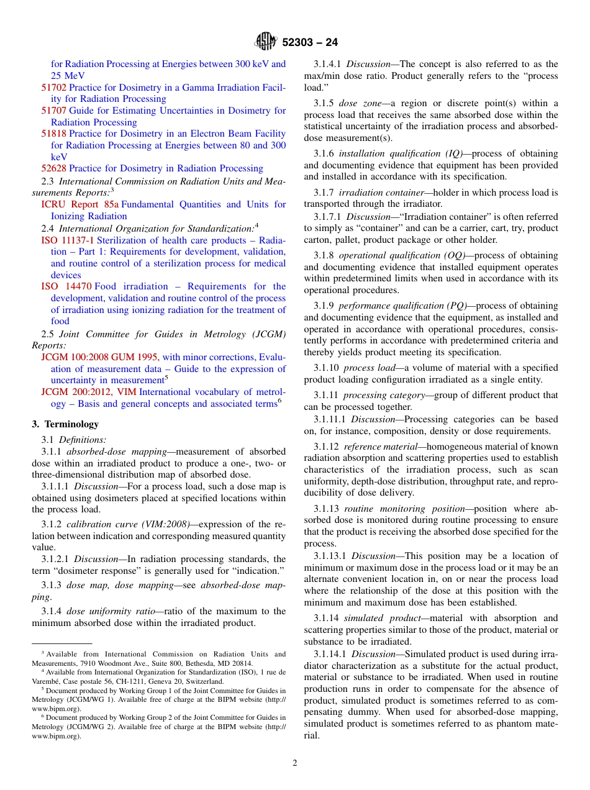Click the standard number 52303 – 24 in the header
click(310, 43)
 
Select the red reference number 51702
click(53, 88)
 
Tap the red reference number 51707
click(53, 111)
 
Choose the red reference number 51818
click(53, 134)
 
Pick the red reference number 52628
click(53, 168)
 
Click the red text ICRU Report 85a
click(79, 204)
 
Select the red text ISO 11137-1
click(68, 240)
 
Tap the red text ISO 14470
click(66, 286)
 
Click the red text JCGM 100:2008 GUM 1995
click(100, 357)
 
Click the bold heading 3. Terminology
click(65, 424)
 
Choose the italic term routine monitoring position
click(404, 508)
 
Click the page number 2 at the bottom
click(295, 763)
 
